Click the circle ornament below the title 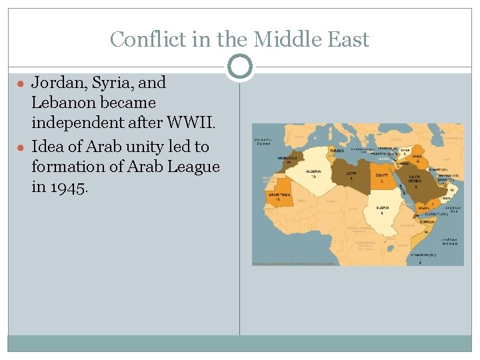click(x=240, y=67)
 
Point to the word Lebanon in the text click(x=60, y=103)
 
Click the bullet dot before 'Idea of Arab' click(x=21, y=147)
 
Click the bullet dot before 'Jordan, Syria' click(x=21, y=84)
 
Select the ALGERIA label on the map click(x=313, y=172)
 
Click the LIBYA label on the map click(x=351, y=175)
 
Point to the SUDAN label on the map click(x=382, y=207)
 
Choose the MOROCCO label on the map click(x=288, y=159)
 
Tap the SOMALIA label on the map click(x=427, y=221)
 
